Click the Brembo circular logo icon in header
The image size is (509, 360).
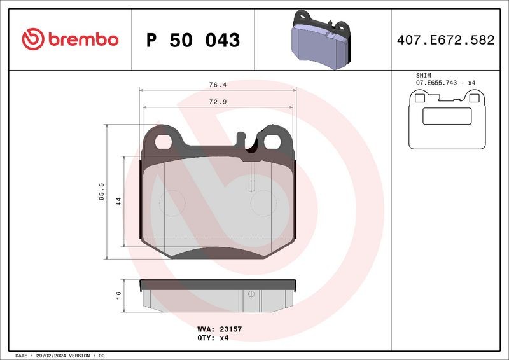(32, 39)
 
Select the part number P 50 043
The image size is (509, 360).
(193, 40)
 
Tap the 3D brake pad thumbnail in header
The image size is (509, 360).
(321, 39)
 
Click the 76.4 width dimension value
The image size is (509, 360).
(218, 85)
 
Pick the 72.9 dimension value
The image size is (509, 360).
(218, 102)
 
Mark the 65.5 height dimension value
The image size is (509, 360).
(101, 191)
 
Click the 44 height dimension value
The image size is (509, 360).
(118, 202)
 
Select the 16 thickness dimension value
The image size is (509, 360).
(118, 294)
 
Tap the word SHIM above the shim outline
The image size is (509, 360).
(424, 76)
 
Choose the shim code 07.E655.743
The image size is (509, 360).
(438, 84)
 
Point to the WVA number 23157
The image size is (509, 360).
(229, 329)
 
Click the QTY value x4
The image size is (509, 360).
(224, 338)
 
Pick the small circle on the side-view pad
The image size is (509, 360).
(251, 294)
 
